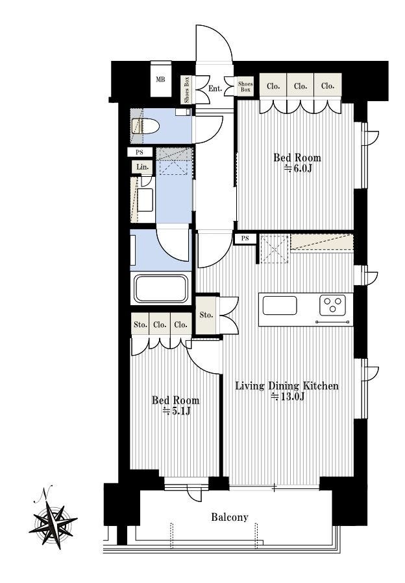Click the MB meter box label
pos(160,79)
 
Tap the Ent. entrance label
pos(215,89)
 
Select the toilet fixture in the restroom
pos(145,126)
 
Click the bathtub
pos(160,288)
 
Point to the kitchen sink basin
pos(280,306)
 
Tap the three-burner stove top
pos(332,305)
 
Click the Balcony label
pos(230,517)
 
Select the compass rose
pos(53,524)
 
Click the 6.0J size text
pos(298,168)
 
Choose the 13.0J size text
pos(288,396)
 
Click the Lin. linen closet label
pos(142,167)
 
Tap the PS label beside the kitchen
pos(245,238)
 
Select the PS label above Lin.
pos(140,152)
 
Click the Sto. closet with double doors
pos(206,315)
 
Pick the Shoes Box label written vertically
pos(187,89)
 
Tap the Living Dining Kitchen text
pos(287,385)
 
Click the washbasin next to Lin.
pos(145,200)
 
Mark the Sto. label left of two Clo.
pos(140,325)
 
